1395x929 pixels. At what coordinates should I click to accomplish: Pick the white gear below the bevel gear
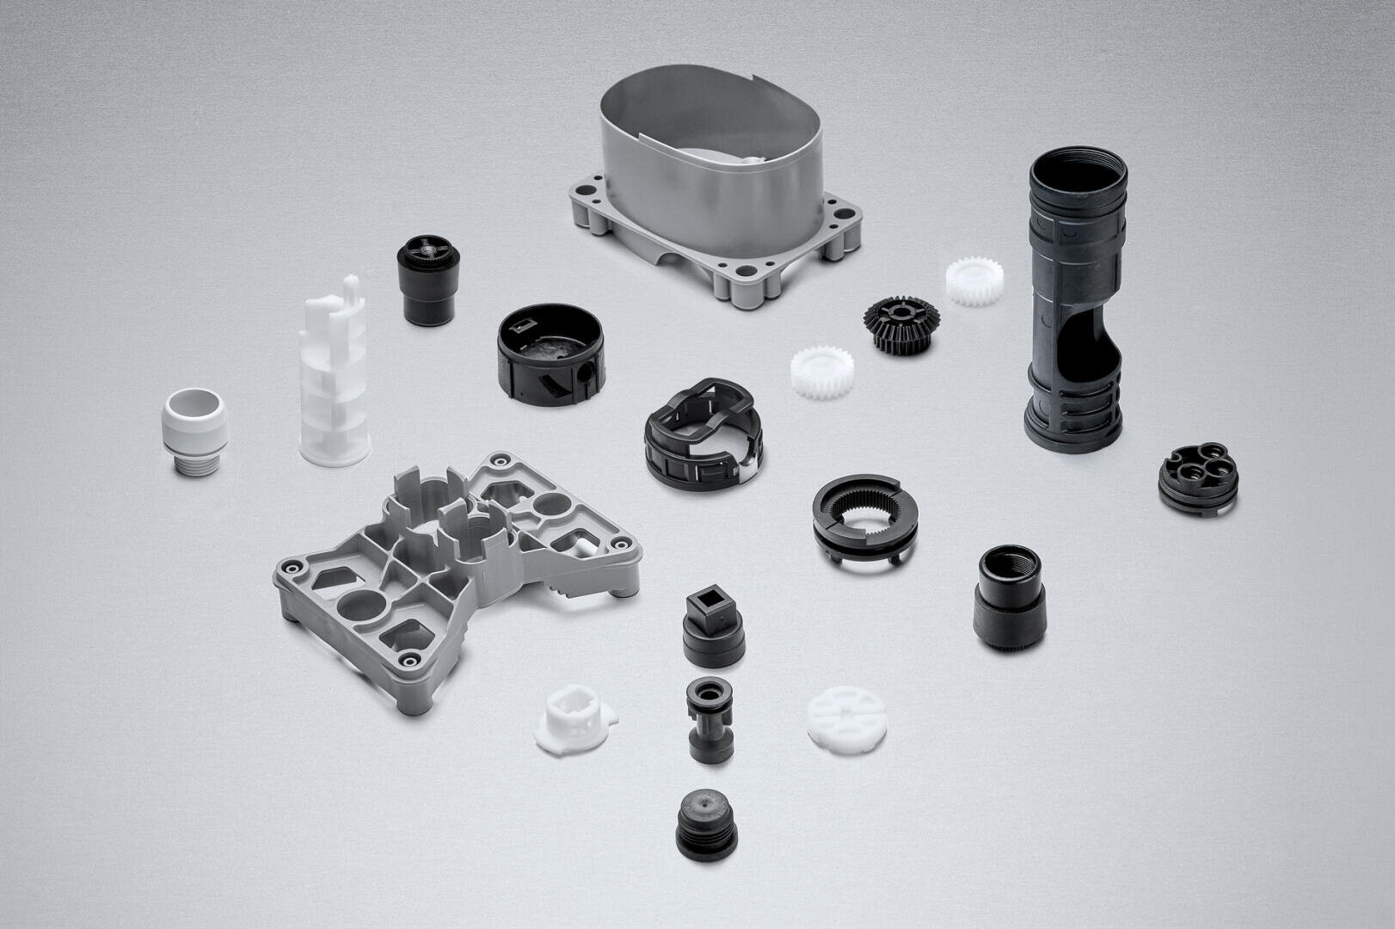[820, 372]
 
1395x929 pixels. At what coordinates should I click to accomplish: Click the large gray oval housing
[714, 189]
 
